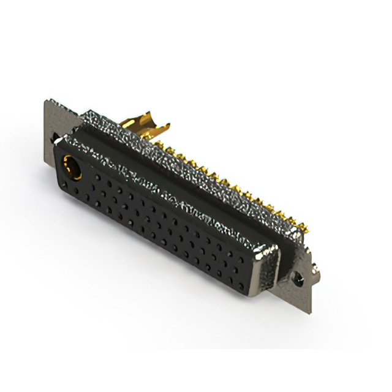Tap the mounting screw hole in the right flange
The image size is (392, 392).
pyautogui.click(x=298, y=279)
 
